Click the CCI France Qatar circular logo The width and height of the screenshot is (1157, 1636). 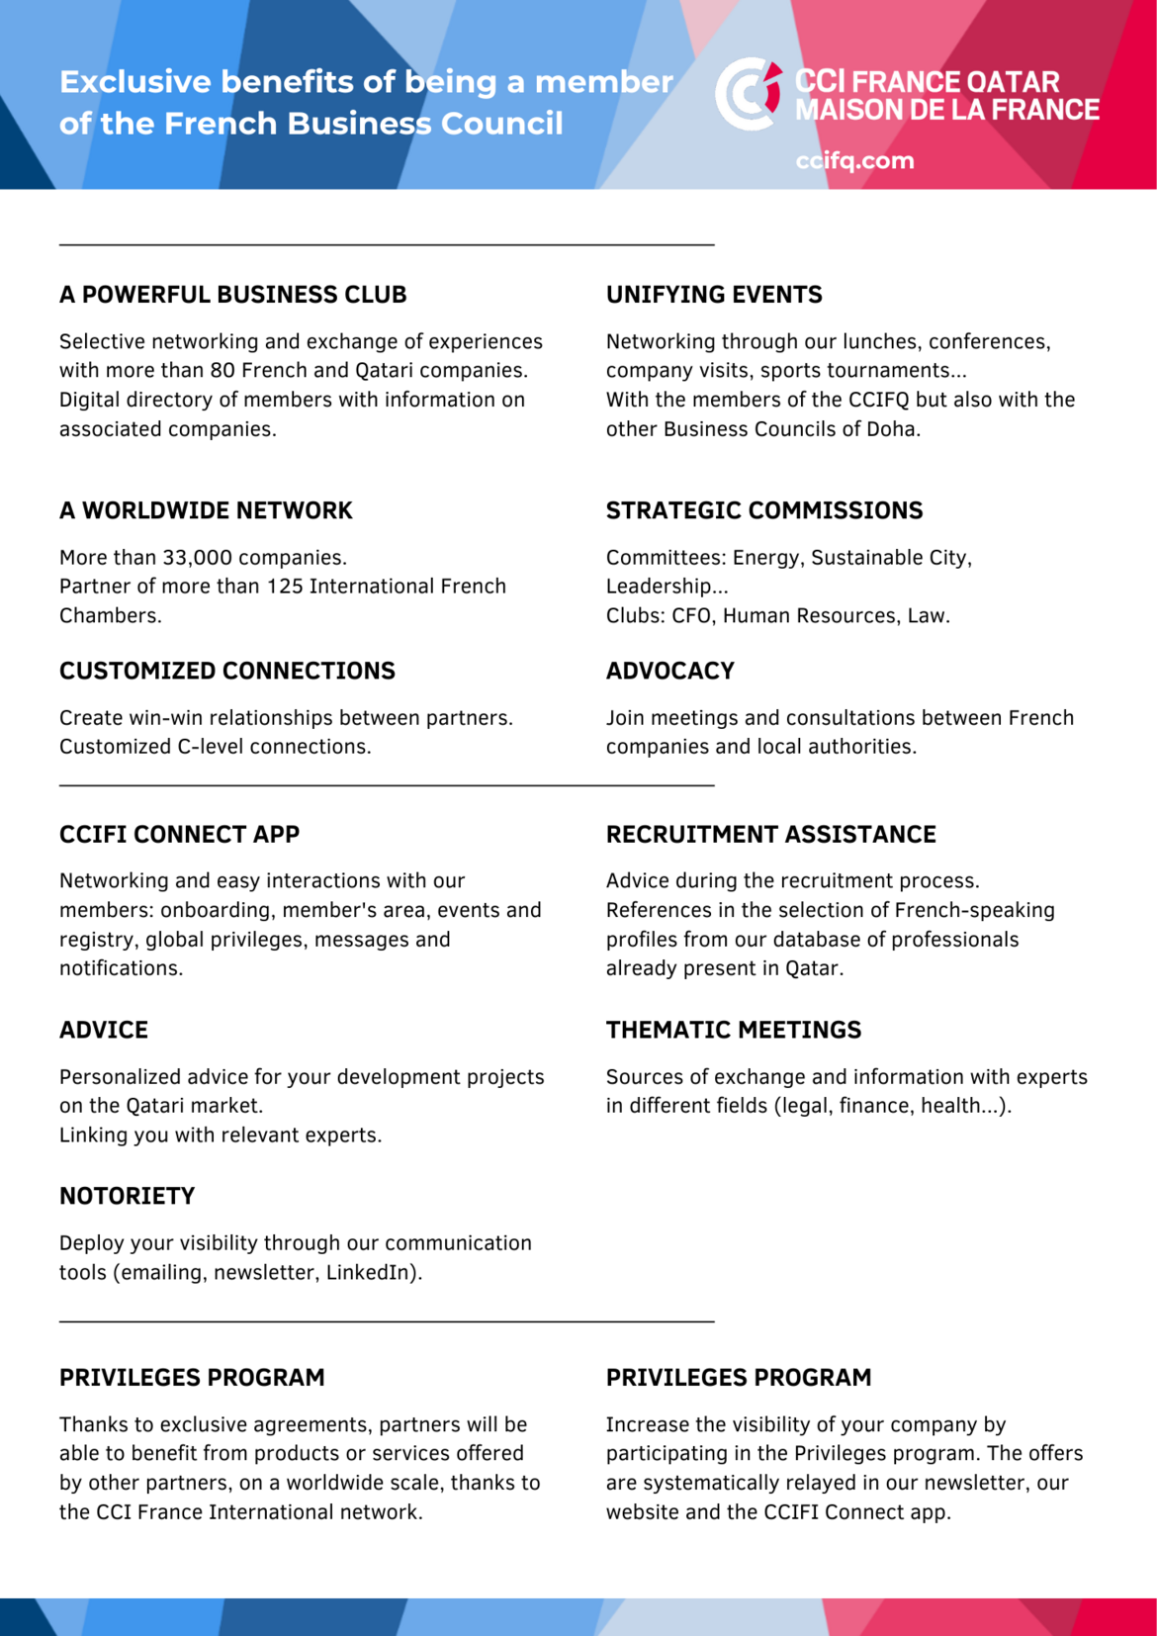click(748, 94)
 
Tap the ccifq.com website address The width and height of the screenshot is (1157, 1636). click(854, 161)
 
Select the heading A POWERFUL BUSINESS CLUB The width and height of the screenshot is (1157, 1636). click(232, 295)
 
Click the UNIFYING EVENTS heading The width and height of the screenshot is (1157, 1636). click(714, 295)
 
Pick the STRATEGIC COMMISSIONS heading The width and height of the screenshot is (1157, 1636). click(764, 510)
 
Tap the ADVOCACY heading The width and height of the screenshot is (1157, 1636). click(670, 671)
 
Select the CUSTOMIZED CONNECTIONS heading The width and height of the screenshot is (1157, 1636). click(227, 671)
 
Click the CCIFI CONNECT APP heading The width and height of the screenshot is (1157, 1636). click(179, 835)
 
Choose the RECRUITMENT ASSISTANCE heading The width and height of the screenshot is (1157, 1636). click(771, 835)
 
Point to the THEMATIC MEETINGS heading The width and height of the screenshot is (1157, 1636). click(734, 1030)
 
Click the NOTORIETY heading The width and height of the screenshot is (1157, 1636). click(128, 1196)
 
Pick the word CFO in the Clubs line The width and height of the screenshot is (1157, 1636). click(693, 616)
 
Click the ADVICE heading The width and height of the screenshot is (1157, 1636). click(104, 1030)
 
